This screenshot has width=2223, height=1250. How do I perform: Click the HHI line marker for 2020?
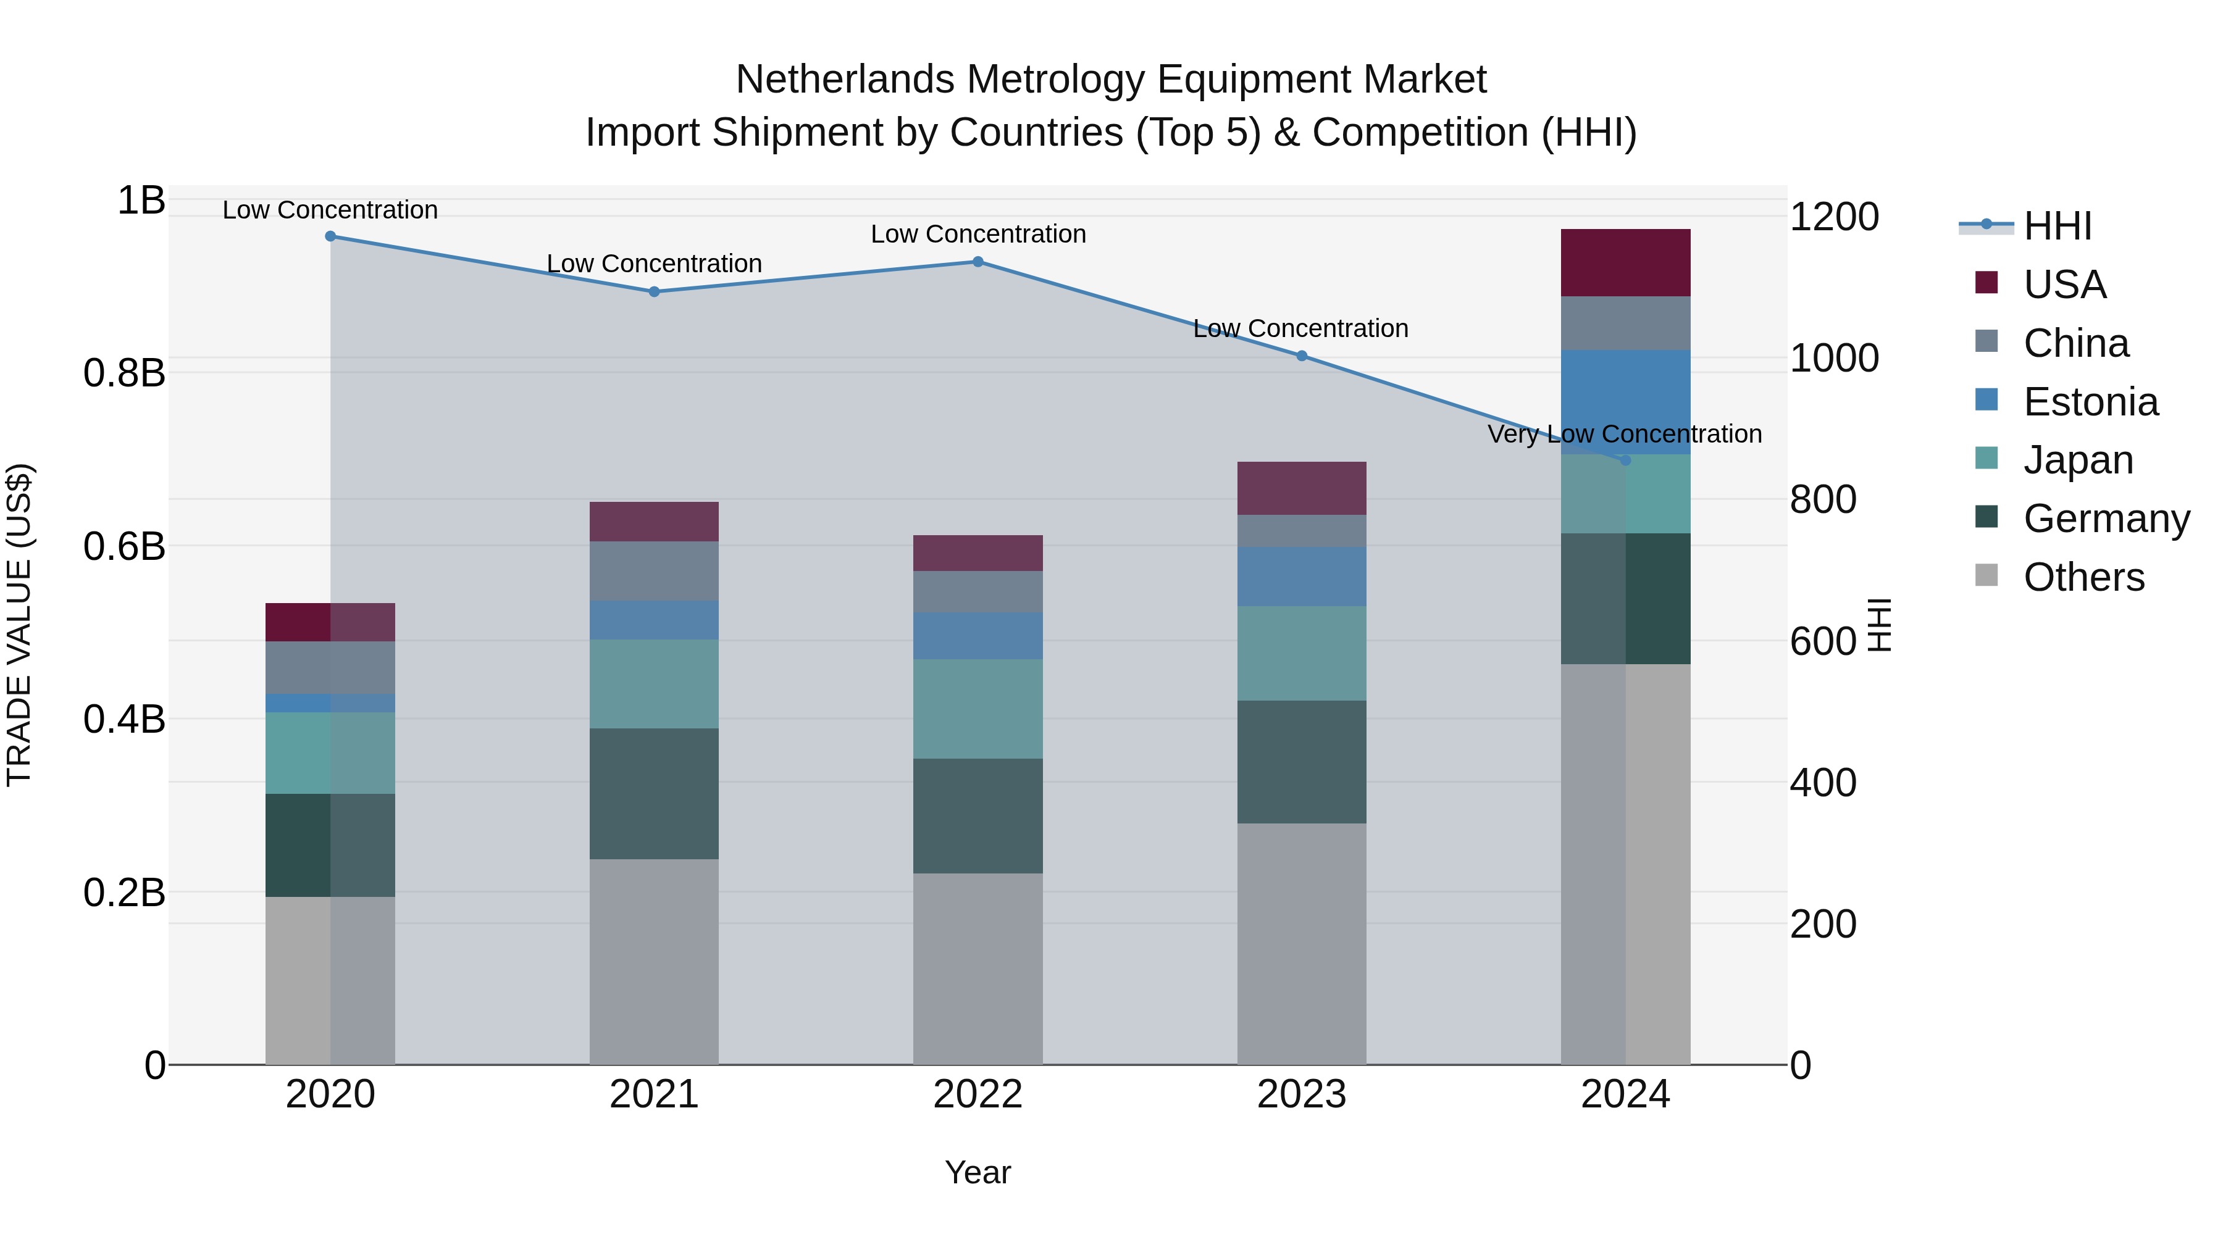click(330, 236)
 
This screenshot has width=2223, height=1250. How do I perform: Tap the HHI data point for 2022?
click(978, 262)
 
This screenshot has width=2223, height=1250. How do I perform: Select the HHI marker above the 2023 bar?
click(1301, 356)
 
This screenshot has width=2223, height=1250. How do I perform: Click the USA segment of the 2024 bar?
click(1625, 263)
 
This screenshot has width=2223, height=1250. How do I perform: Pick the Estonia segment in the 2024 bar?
click(1625, 402)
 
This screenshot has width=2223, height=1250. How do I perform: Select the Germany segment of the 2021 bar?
click(654, 794)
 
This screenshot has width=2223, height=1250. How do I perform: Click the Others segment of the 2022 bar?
click(978, 969)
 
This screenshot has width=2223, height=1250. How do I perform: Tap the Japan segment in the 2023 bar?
click(1301, 653)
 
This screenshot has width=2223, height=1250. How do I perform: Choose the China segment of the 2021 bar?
click(654, 571)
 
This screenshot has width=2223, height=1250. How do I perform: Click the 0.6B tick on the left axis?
click(124, 546)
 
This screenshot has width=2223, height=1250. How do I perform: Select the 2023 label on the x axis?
click(1301, 1094)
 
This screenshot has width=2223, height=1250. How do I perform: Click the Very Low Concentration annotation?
click(1624, 434)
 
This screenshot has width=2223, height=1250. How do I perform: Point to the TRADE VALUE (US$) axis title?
click(19, 625)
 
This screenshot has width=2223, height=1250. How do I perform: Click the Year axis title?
click(978, 1172)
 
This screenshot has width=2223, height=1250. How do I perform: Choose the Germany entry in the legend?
click(2106, 519)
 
